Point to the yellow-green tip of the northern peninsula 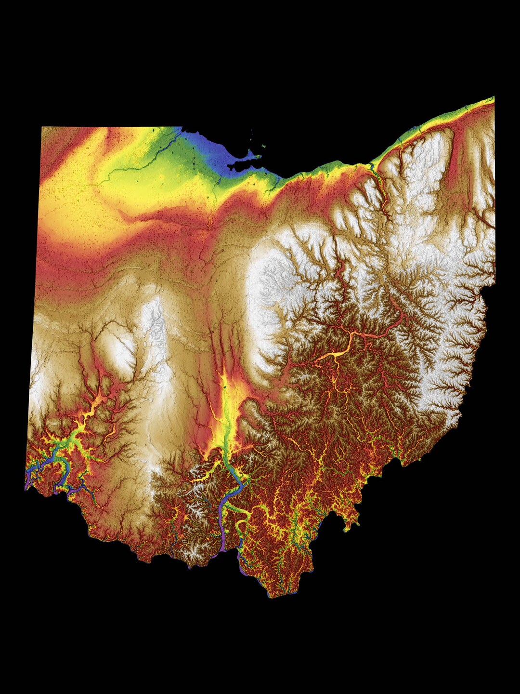[257, 156]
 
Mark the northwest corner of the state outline [43, 128]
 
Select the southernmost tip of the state [272, 597]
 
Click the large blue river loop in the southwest [60, 465]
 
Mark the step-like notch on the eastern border [486, 289]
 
